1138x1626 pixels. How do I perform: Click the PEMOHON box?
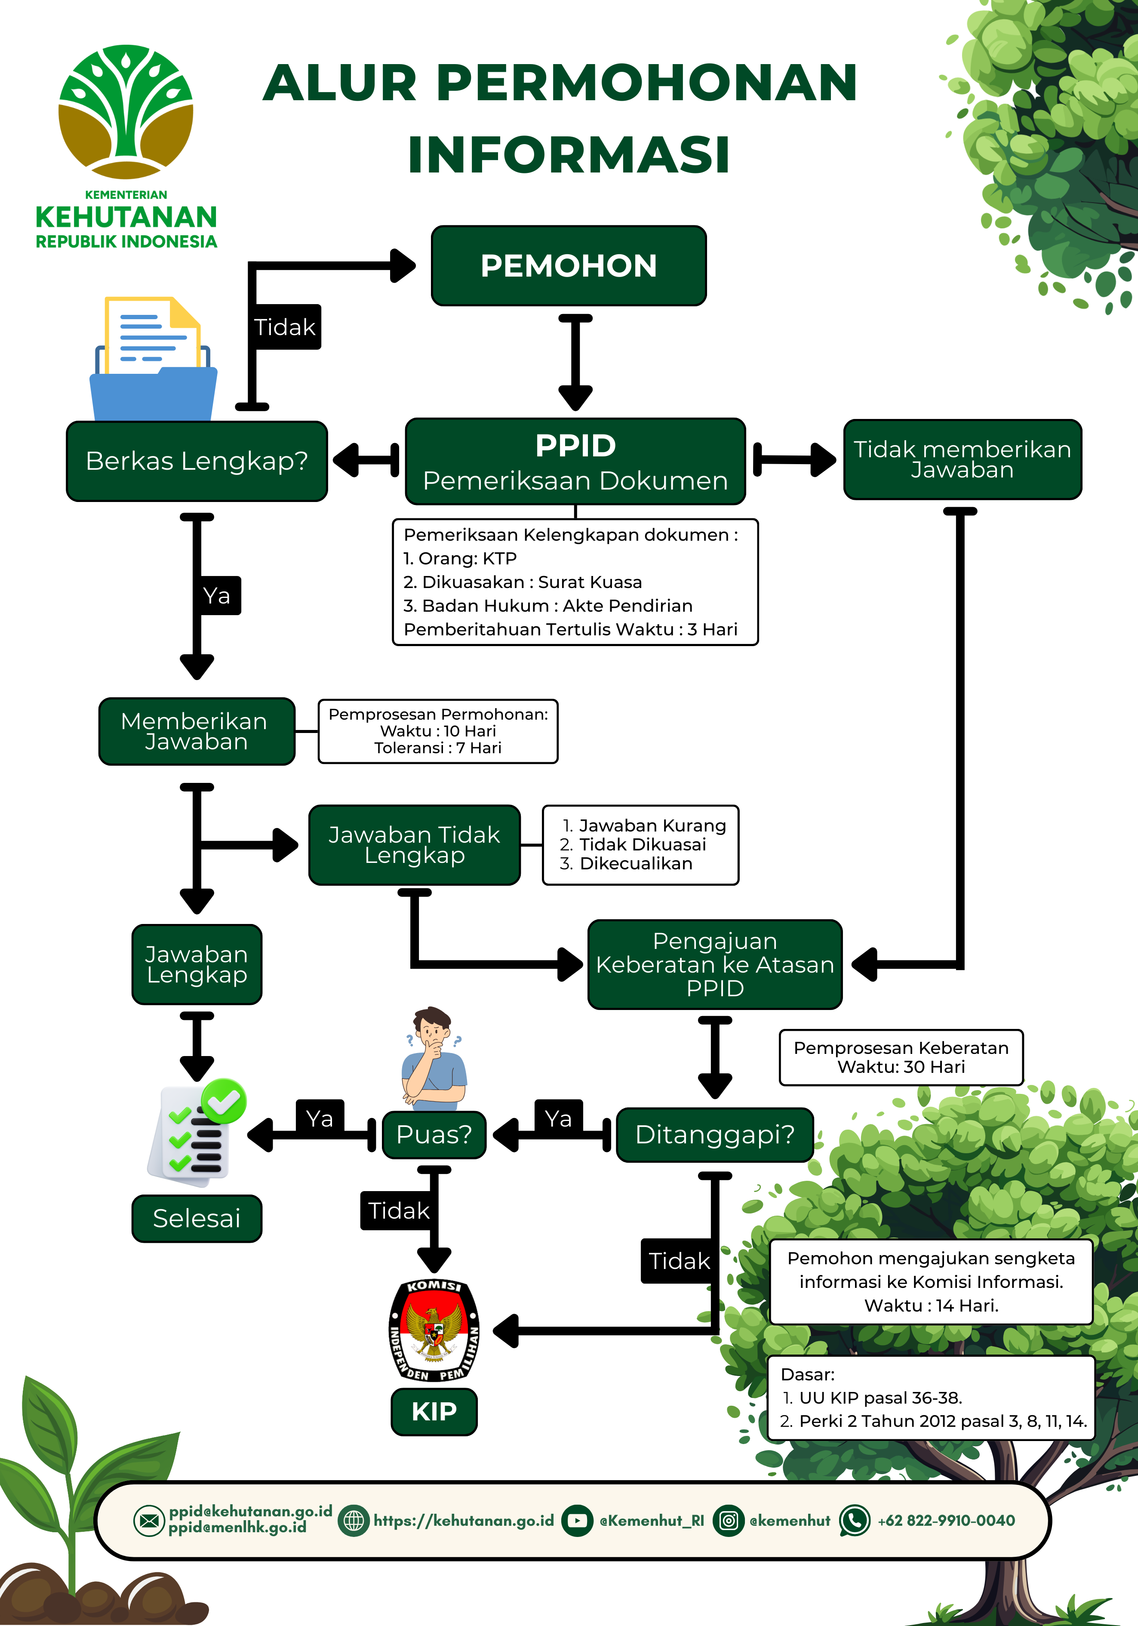(569, 265)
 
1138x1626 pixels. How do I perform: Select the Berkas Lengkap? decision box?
(197, 461)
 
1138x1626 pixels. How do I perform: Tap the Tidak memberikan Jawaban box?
(963, 459)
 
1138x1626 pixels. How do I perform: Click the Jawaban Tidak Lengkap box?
(414, 845)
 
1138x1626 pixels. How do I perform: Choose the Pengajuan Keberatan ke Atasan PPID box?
(714, 964)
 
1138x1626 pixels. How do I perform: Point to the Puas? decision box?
(434, 1134)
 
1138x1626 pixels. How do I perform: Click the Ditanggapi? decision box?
(714, 1134)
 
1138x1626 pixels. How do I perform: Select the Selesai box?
(197, 1218)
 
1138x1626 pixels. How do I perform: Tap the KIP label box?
(434, 1411)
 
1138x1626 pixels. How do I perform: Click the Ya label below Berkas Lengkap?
(217, 596)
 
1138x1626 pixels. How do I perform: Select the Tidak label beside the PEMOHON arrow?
(285, 327)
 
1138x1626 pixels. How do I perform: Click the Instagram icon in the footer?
(729, 1521)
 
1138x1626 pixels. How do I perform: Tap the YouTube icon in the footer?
(577, 1521)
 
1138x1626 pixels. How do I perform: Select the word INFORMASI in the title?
(569, 154)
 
